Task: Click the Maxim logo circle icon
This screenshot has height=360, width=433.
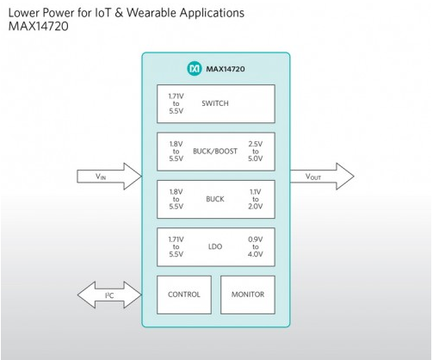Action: tap(195, 69)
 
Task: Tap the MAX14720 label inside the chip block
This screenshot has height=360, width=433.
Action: tap(226, 69)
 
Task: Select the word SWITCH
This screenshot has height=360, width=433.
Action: tap(215, 103)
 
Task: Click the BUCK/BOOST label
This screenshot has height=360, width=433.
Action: tap(215, 152)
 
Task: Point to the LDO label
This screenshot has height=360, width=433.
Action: tap(215, 246)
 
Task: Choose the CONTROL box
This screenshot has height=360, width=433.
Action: tap(184, 295)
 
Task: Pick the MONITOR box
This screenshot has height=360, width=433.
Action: tap(248, 295)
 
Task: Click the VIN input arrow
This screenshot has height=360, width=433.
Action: tap(109, 177)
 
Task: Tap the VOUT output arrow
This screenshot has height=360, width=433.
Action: tap(322, 177)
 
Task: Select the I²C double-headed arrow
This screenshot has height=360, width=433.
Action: tap(109, 295)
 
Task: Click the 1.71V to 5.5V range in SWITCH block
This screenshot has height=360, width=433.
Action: tap(176, 103)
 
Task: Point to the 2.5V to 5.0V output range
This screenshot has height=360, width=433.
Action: tap(255, 152)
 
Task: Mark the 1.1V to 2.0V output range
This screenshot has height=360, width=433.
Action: tap(255, 199)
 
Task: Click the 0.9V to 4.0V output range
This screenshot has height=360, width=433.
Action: tap(255, 247)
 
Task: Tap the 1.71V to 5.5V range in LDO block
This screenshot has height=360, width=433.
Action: tap(176, 247)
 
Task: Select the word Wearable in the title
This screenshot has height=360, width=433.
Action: tap(152, 13)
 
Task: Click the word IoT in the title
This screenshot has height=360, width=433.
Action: tap(102, 13)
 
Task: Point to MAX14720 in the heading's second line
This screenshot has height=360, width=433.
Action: tap(39, 27)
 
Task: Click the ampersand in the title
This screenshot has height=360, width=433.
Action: tap(119, 13)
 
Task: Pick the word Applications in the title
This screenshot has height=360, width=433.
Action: tap(212, 14)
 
